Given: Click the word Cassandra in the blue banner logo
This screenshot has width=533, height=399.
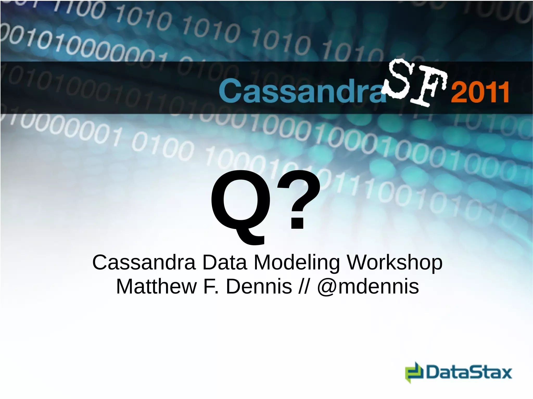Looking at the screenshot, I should pyautogui.click(x=302, y=91).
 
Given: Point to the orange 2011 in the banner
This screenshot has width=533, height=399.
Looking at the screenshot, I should pyautogui.click(x=480, y=92).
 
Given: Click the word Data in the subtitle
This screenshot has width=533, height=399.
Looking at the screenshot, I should pyautogui.click(x=224, y=263).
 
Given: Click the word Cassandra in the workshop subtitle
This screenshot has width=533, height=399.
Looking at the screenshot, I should pyautogui.click(x=144, y=263).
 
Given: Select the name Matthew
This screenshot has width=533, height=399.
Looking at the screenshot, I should pyautogui.click(x=156, y=286).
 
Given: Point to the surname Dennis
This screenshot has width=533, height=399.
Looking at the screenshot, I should pyautogui.click(x=259, y=286).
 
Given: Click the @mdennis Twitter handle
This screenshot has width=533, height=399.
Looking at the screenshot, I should pyautogui.click(x=368, y=286).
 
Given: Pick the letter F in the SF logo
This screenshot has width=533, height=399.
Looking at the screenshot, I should pyautogui.click(x=431, y=87).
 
